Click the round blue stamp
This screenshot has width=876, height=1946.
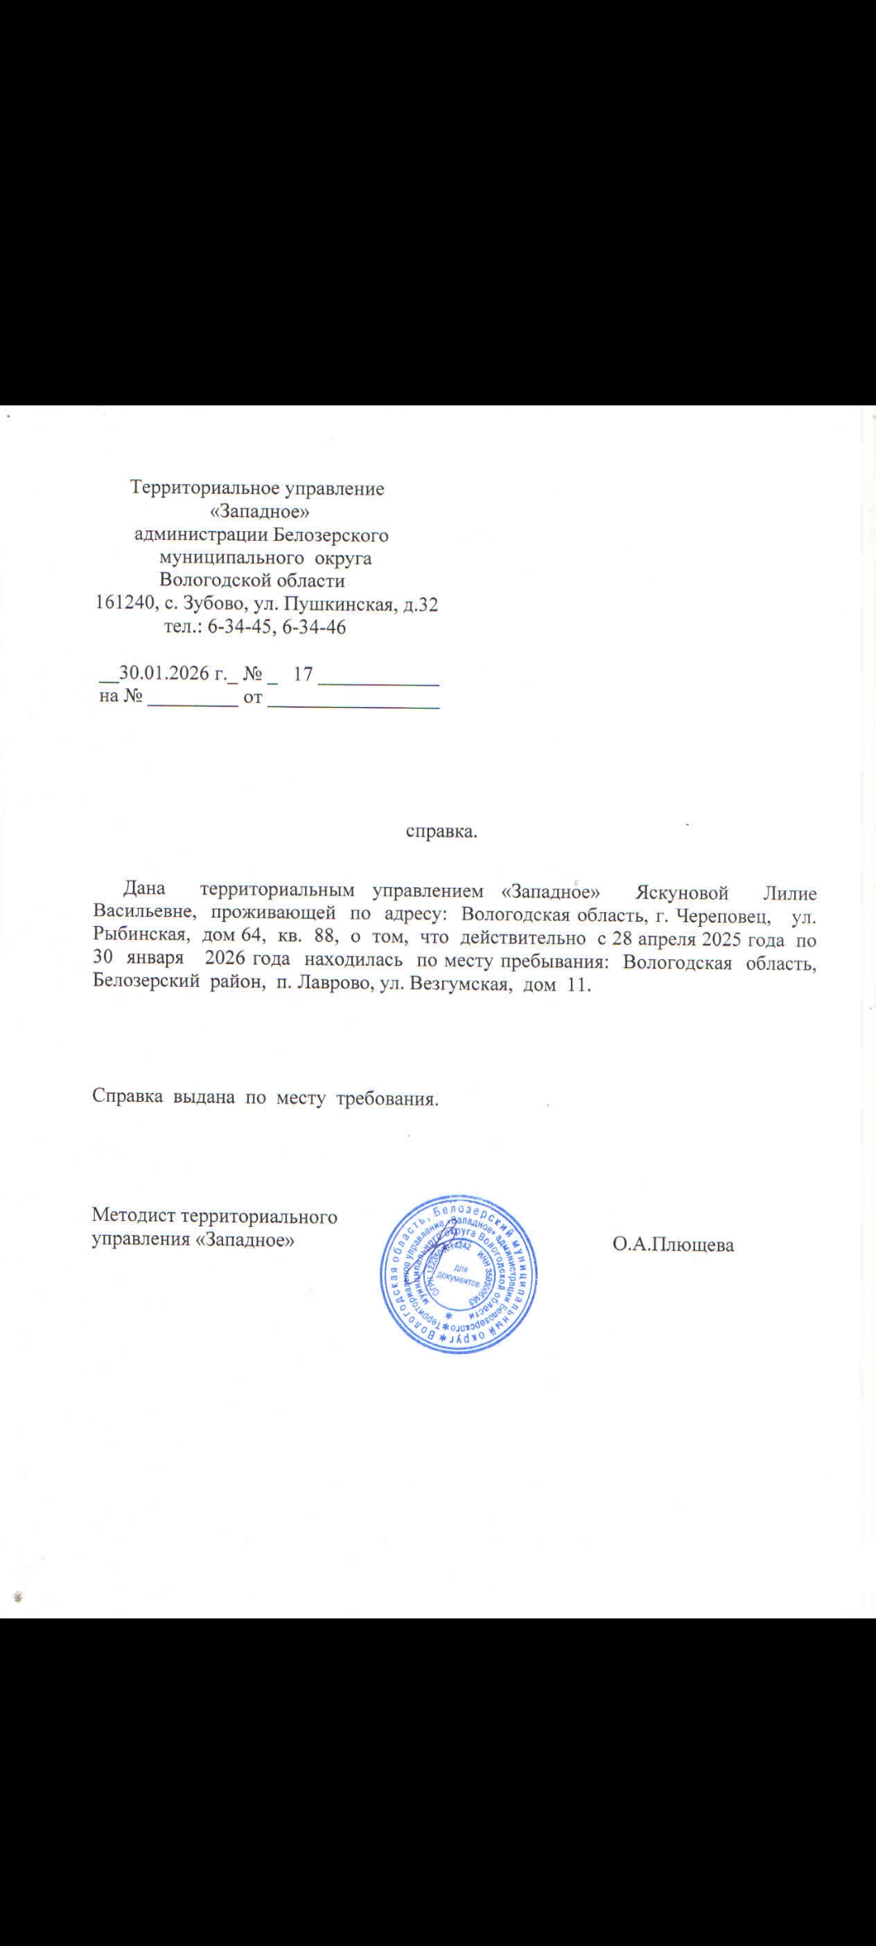click(x=459, y=1274)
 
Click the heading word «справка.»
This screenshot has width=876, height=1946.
click(x=441, y=832)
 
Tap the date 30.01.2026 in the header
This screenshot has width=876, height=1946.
click(x=163, y=674)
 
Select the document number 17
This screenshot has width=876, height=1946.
click(x=303, y=674)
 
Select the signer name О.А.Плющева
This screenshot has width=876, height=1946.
click(x=673, y=1245)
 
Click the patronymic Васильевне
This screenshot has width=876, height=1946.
click(x=144, y=916)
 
